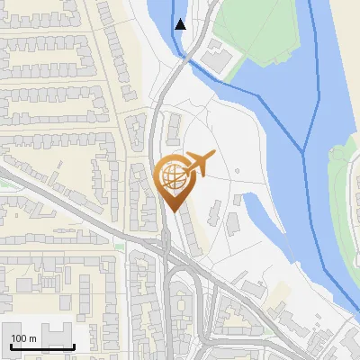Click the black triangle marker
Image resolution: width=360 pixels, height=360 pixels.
[181, 24]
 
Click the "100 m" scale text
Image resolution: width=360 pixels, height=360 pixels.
[24, 337]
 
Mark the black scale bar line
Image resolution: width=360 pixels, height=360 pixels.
[41, 346]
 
